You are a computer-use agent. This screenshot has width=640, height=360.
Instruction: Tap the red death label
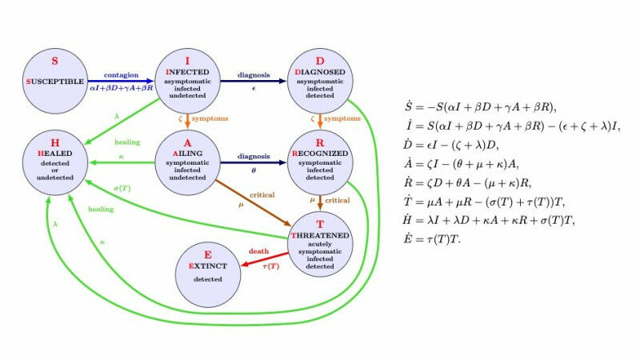click(x=258, y=251)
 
